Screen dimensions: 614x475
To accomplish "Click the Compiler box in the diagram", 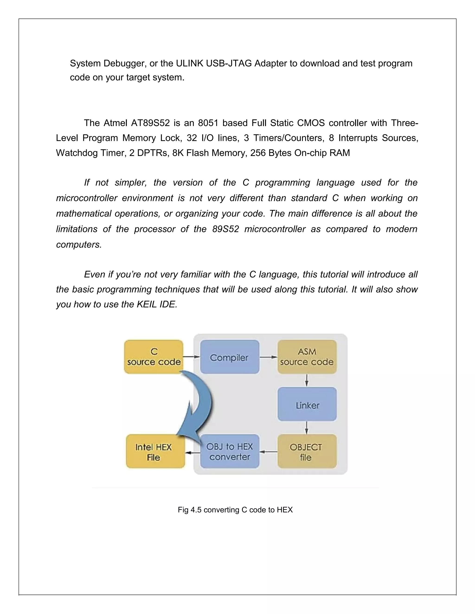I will coord(229,357).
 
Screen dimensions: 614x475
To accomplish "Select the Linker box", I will coord(307,405).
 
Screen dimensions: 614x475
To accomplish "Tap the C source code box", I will coord(154,357).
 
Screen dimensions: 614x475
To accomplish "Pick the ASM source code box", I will coord(307,357).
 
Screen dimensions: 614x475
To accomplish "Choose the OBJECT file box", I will coord(307,452).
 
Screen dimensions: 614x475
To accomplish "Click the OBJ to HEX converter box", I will coord(229,452).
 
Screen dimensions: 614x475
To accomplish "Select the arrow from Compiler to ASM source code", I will coord(268,357).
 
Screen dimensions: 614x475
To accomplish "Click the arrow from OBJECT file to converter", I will coord(268,452).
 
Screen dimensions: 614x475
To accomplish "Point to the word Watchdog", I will coord(74,153).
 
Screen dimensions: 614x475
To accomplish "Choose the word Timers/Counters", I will coord(288,138).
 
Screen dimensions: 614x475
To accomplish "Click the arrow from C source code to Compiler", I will coord(192,357).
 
